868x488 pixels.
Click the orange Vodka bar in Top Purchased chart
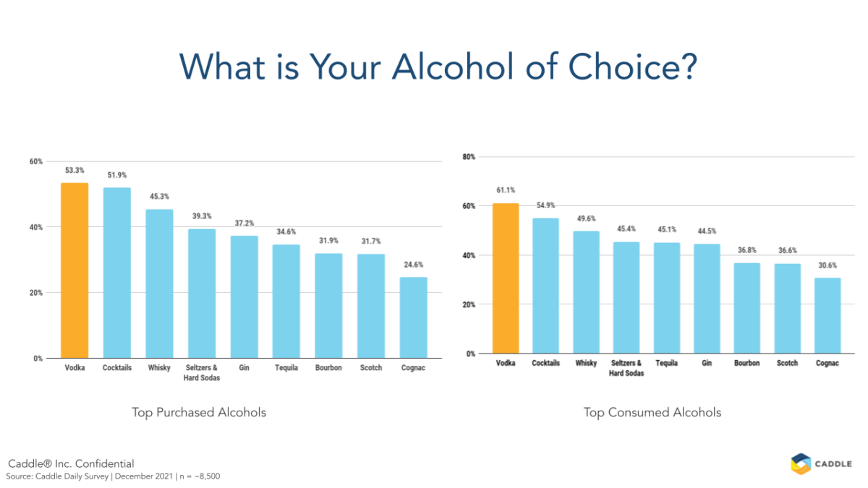(75, 270)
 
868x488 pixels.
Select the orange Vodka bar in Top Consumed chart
(505, 278)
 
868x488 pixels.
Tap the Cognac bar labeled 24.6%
(414, 317)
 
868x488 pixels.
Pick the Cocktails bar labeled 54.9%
(546, 286)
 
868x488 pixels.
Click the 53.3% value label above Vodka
(75, 171)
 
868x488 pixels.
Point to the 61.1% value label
(505, 190)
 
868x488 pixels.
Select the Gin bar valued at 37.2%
(244, 296)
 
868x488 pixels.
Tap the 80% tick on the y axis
(468, 157)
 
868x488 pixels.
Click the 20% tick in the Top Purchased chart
(35, 293)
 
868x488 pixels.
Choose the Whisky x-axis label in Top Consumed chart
(587, 363)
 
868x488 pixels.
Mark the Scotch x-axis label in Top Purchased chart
(371, 368)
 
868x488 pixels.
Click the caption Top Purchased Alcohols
(199, 413)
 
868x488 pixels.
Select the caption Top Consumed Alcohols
(652, 413)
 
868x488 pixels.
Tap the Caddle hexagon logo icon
(801, 463)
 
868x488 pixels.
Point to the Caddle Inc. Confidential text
(71, 463)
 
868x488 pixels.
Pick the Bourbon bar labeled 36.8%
(746, 308)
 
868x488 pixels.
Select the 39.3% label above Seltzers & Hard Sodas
(202, 216)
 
